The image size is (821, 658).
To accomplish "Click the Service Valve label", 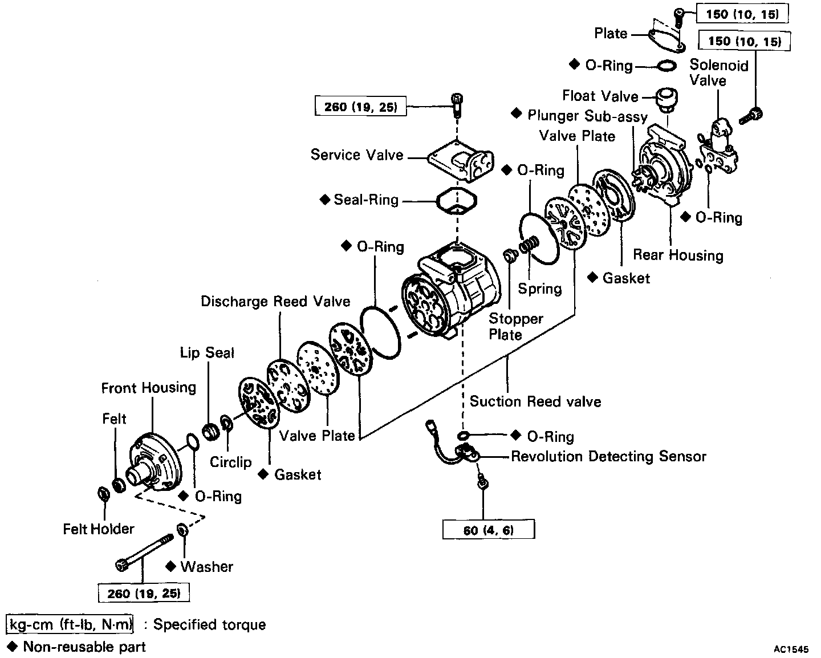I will click(357, 155).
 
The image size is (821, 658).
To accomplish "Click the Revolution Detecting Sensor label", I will click(608, 457).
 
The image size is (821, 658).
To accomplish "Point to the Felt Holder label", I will click(99, 529).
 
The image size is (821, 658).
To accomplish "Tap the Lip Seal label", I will click(207, 353).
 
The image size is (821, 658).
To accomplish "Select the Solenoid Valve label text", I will click(718, 72).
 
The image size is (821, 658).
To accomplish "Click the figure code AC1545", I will click(791, 649).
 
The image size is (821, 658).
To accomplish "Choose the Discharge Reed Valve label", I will click(275, 301).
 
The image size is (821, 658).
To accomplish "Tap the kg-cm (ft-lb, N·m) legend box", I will click(70, 625).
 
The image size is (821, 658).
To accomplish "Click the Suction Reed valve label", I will click(535, 401).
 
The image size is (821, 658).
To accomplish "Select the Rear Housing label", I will click(678, 255).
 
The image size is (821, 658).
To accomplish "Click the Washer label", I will click(207, 566).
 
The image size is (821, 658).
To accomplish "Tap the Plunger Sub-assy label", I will click(587, 116).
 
